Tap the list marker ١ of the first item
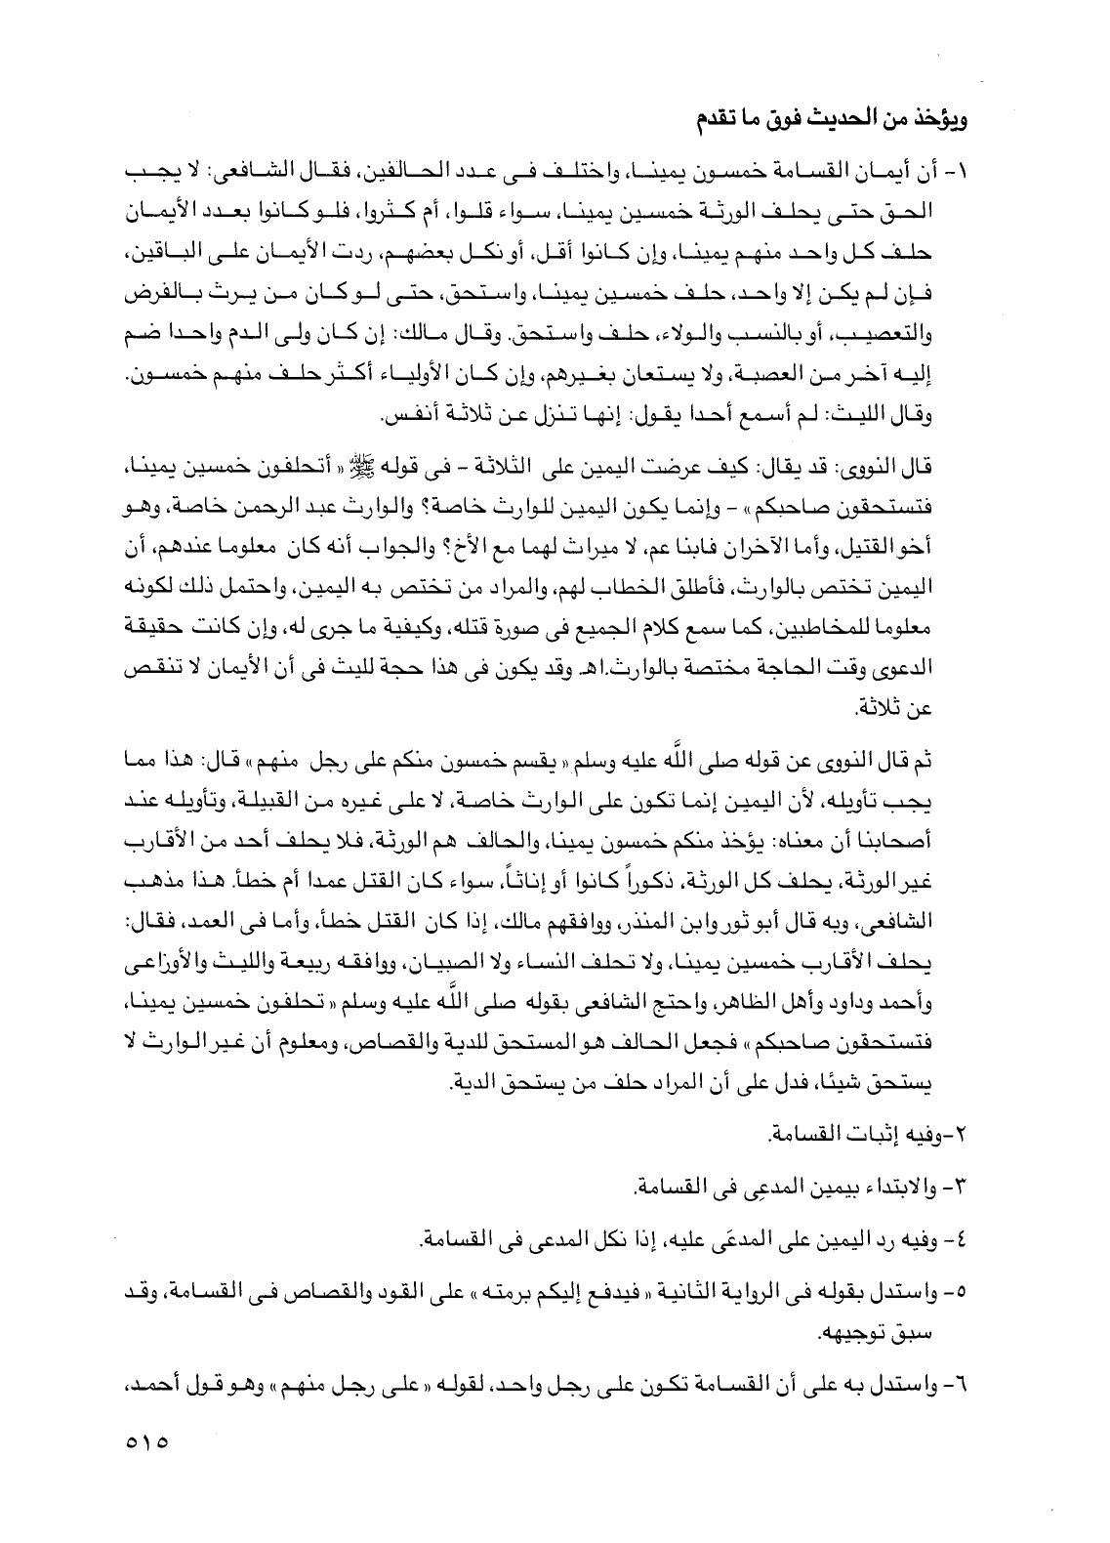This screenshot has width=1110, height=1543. [953, 174]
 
